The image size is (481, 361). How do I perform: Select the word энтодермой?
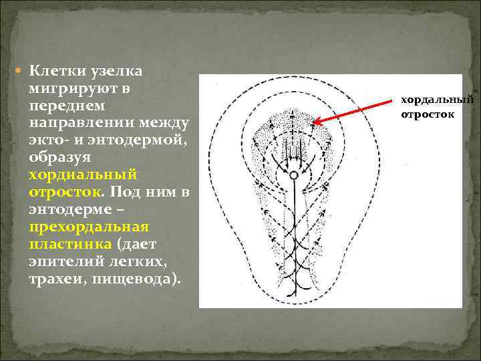140,140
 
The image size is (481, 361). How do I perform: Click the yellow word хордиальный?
82,175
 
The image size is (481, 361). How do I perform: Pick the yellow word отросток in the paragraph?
63,193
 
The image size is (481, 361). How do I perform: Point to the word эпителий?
61,262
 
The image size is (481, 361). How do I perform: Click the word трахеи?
55,279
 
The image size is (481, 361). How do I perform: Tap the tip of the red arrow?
315,124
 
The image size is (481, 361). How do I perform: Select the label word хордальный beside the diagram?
436,100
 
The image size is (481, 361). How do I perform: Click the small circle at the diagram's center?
293,174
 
